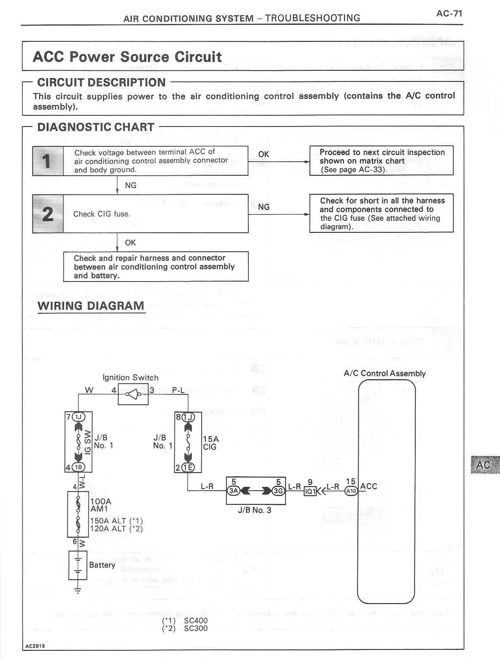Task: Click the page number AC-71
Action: (x=449, y=13)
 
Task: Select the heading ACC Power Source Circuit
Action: (x=127, y=57)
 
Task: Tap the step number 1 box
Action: (x=48, y=161)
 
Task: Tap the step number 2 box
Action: (x=48, y=214)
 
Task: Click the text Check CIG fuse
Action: (x=102, y=214)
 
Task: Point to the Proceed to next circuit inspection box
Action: (x=381, y=160)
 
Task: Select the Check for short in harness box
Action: (x=381, y=213)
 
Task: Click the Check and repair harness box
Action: (x=156, y=267)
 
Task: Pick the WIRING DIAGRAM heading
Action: (x=91, y=306)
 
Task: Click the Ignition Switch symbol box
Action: (x=133, y=394)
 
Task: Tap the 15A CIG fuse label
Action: (x=210, y=443)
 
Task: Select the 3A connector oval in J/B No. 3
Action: (x=233, y=491)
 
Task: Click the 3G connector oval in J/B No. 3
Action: (x=279, y=491)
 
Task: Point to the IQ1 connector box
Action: (x=310, y=491)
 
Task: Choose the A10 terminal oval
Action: (x=351, y=491)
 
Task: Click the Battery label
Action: (x=102, y=565)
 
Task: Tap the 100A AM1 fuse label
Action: (x=100, y=505)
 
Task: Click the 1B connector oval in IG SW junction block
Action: (x=78, y=468)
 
